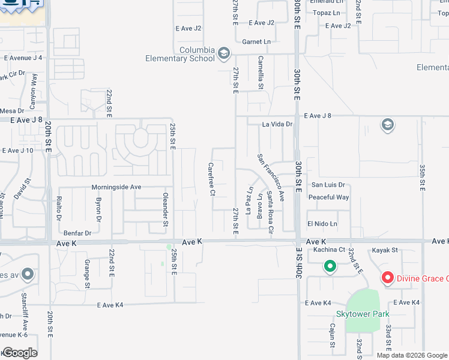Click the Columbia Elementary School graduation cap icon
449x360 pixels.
pyautogui.click(x=224, y=54)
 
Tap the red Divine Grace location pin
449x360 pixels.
pyautogui.click(x=388, y=278)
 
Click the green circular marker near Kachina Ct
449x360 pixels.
pyautogui.click(x=329, y=266)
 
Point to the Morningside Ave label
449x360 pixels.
pyautogui.click(x=116, y=187)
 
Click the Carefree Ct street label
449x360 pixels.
pyautogui.click(x=211, y=179)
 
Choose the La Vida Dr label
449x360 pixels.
pyautogui.click(x=277, y=125)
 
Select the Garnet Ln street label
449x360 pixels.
pyautogui.click(x=256, y=41)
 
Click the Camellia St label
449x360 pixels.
pyautogui.click(x=261, y=72)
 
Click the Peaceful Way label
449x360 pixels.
pyautogui.click(x=328, y=197)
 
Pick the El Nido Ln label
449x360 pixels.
pyautogui.click(x=322, y=224)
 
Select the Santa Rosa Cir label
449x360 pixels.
pyautogui.click(x=270, y=213)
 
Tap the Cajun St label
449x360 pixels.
pyautogui.click(x=331, y=334)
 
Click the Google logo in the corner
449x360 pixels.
pyautogui.click(x=20, y=353)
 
